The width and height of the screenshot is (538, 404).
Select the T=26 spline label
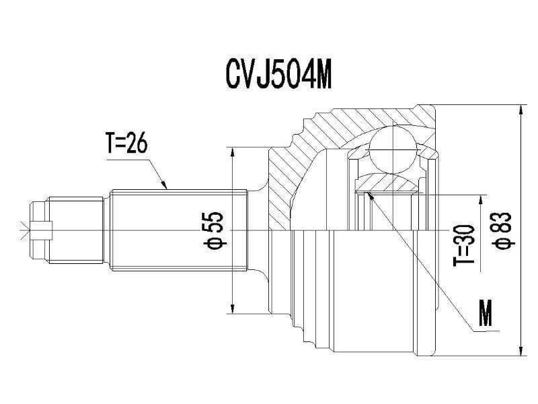pos(126,143)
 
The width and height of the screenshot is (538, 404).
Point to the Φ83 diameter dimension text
pos(503,230)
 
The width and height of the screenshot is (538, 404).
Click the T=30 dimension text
pos(464,246)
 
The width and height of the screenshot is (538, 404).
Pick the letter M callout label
pos(486,312)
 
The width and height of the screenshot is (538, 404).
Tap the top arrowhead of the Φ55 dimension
pos(233,151)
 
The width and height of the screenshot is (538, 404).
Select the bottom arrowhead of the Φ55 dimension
pos(233,309)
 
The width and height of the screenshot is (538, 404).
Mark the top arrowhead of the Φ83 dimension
pos(521,110)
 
